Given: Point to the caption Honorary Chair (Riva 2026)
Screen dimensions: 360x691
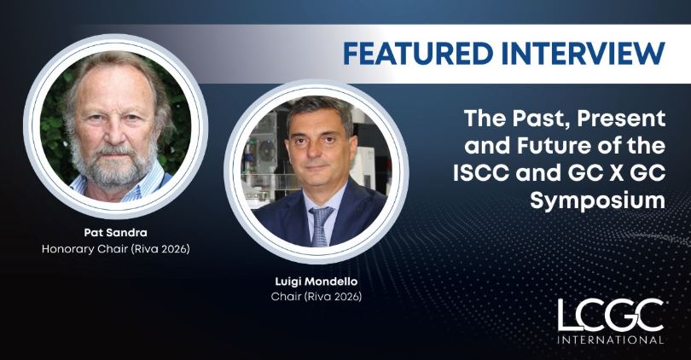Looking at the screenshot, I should tap(115, 248).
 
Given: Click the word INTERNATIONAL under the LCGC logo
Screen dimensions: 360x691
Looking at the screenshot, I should tap(611, 339).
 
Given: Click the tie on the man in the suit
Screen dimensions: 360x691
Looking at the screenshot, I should tap(321, 224).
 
